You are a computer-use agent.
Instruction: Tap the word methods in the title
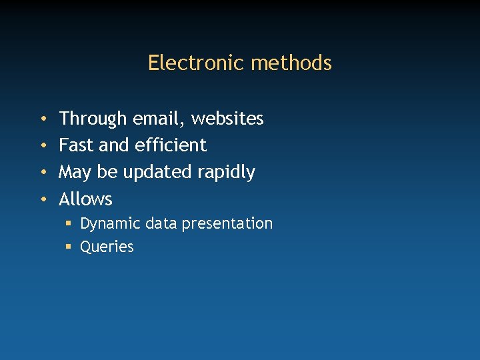coord(291,63)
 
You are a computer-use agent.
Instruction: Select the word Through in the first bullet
coord(93,119)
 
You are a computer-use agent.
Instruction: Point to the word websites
coord(227,119)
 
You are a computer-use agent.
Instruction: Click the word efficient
coord(171,145)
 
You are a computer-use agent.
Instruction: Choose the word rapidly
coord(227,173)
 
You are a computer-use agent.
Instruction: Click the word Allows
coord(86,199)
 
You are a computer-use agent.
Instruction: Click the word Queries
coord(107,247)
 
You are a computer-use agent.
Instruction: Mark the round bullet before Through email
coord(43,119)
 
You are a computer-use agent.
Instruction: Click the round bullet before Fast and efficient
coord(43,146)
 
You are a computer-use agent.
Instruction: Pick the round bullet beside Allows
coord(43,199)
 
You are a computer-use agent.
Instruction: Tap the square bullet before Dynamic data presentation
coord(69,224)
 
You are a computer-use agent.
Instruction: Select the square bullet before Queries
coord(69,247)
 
